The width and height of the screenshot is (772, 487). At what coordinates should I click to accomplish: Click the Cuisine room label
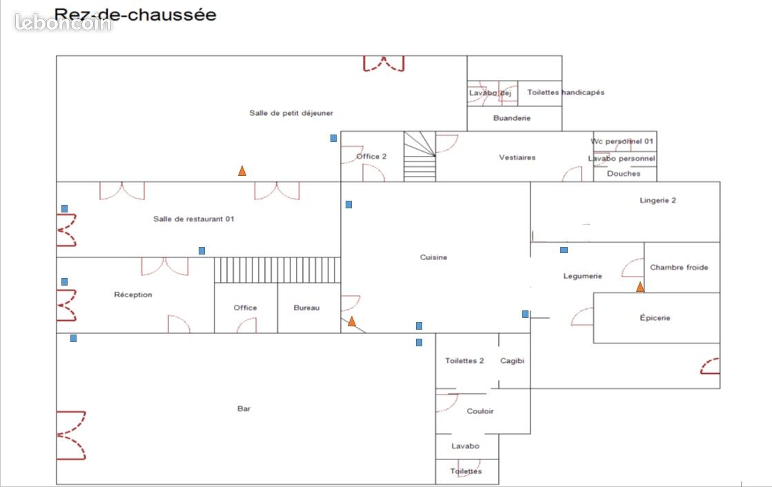point(433,257)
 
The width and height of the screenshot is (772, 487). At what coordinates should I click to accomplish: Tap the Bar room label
point(244,408)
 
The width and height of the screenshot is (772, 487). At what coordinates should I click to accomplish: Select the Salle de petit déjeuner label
point(291,112)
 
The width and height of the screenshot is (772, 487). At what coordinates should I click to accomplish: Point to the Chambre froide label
point(679,268)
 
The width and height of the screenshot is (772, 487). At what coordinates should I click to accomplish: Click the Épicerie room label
point(655,317)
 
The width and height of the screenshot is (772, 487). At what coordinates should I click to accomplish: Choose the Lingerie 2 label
point(657,200)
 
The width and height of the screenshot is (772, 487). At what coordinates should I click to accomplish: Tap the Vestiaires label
point(517,157)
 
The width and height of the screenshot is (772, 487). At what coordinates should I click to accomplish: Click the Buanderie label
point(512,118)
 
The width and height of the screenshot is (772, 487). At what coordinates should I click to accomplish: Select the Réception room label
point(133,295)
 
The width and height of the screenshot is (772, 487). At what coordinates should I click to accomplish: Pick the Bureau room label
point(306,308)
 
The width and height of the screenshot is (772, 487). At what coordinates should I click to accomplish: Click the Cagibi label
point(512,361)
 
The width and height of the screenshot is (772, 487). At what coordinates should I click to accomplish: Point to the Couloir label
point(480,411)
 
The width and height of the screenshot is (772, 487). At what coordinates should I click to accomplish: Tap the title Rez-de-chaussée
point(135,14)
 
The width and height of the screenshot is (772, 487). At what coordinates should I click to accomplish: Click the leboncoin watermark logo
point(63,22)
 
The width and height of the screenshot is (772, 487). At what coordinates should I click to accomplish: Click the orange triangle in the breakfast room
point(241,171)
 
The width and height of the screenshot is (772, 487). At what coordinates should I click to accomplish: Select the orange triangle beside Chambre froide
point(640,286)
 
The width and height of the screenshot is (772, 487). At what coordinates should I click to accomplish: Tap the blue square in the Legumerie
point(564,250)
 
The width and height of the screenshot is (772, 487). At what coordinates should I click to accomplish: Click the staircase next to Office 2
point(420,156)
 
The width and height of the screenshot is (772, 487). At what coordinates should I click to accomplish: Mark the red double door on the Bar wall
point(71,435)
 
